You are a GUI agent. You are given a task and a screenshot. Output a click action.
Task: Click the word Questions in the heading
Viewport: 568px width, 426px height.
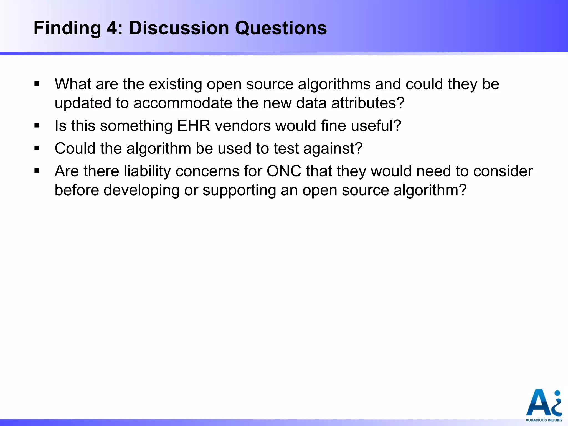281,28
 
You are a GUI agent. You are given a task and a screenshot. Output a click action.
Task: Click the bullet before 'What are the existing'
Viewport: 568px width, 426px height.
37,83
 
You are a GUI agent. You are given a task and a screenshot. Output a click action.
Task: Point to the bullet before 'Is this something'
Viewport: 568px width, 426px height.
37,125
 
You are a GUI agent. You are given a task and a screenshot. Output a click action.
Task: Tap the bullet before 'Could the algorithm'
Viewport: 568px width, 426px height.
37,148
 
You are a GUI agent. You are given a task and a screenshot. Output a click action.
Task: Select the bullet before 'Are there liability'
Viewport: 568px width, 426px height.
37,171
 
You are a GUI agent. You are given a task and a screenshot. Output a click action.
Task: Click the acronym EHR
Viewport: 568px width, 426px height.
194,125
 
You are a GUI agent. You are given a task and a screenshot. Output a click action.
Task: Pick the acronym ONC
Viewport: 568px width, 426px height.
284,171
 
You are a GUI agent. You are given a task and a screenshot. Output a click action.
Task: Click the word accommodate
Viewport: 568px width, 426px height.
182,103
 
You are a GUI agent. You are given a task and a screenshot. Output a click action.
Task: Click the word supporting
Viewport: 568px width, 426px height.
239,191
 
